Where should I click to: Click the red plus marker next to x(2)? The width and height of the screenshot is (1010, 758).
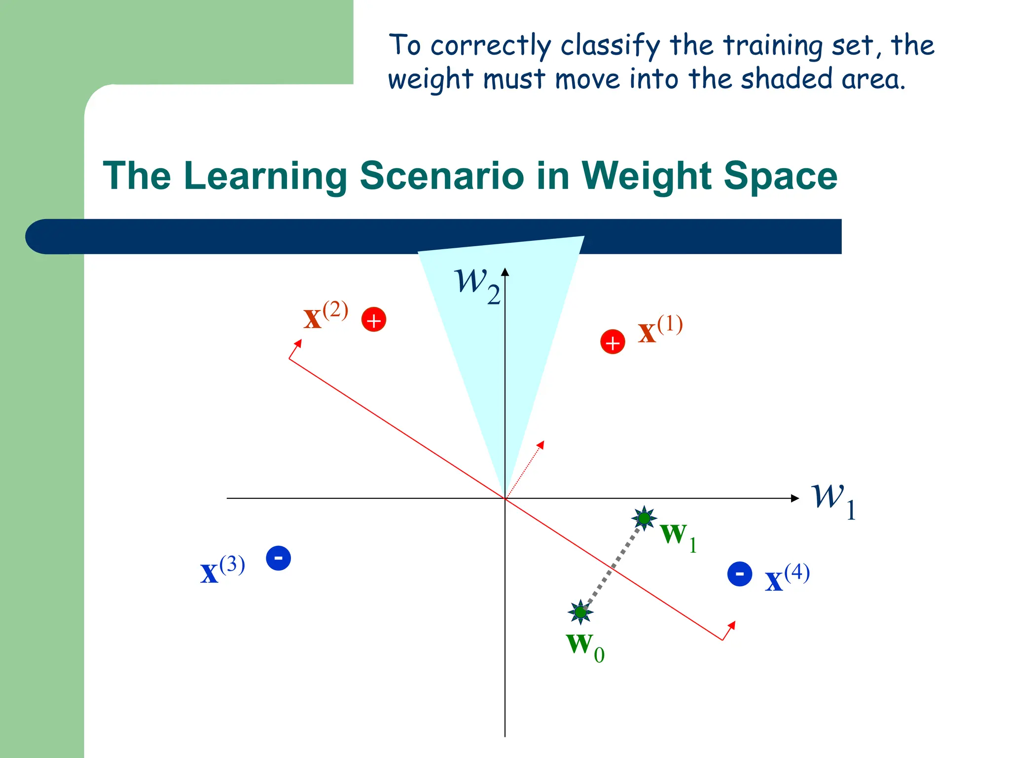pyautogui.click(x=374, y=319)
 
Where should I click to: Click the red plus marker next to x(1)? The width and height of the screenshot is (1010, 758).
pyautogui.click(x=613, y=341)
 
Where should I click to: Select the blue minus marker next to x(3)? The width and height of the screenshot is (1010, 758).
pyautogui.click(x=278, y=558)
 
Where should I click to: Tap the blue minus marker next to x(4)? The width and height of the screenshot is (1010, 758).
pyautogui.click(x=740, y=574)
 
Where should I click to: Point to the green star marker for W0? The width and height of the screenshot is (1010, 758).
pyautogui.click(x=580, y=612)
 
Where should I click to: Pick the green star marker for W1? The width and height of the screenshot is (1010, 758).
pyautogui.click(x=644, y=518)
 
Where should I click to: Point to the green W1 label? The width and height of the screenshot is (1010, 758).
pyautogui.click(x=678, y=537)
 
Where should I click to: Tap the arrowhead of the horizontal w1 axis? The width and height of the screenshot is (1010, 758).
pyautogui.click(x=795, y=498)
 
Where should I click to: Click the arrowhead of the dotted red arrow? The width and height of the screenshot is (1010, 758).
pyautogui.click(x=541, y=444)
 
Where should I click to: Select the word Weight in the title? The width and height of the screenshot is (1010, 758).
pyautogui.click(x=647, y=177)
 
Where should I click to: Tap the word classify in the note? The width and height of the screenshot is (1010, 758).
pyautogui.click(x=610, y=46)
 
